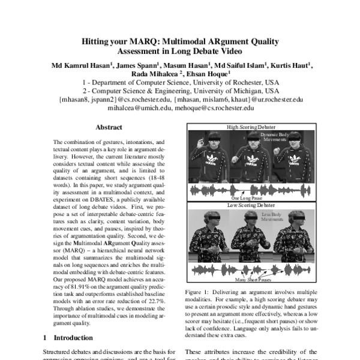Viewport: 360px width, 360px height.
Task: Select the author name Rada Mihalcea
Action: point(155,74)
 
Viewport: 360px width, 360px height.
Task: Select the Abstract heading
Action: point(109,128)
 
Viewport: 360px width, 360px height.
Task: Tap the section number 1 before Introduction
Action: point(46,338)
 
